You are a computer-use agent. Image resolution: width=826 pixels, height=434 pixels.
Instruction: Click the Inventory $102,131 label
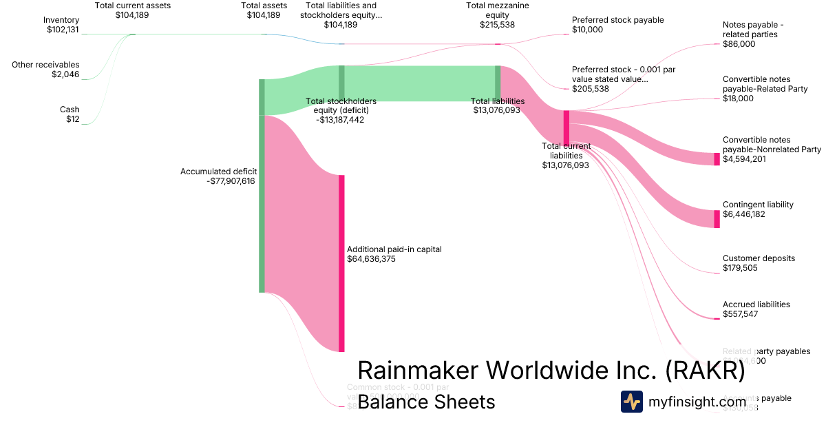[x=61, y=25]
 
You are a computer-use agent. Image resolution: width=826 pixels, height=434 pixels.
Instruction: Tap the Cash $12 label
[x=69, y=114]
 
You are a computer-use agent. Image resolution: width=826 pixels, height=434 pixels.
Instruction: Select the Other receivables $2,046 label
[x=45, y=70]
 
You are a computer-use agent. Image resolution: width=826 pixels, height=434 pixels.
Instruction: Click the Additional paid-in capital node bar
[x=341, y=263]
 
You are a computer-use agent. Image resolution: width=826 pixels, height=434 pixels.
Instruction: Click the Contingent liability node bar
[x=717, y=219]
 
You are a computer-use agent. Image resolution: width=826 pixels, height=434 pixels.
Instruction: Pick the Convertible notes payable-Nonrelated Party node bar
[x=717, y=159]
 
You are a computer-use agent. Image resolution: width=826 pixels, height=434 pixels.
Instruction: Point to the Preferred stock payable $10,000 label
[x=617, y=25]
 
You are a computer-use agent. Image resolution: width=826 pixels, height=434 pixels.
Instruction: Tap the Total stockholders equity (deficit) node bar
[x=341, y=83]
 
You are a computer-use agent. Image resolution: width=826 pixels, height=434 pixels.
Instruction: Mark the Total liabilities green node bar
[x=498, y=83]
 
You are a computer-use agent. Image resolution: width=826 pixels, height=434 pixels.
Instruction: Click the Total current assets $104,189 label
[x=132, y=10]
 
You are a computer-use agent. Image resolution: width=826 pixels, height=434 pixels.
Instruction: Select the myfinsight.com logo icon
[x=632, y=402]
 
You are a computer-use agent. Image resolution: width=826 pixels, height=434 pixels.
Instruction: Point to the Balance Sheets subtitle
[x=426, y=402]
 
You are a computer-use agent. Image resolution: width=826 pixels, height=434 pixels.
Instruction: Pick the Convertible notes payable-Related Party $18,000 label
[x=756, y=89]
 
